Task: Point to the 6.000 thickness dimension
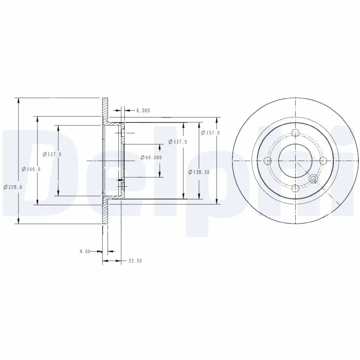pos(143,110)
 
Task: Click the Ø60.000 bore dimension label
pos(151,157)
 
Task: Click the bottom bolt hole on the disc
pos(295,189)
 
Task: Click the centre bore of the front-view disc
pos(295,161)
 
